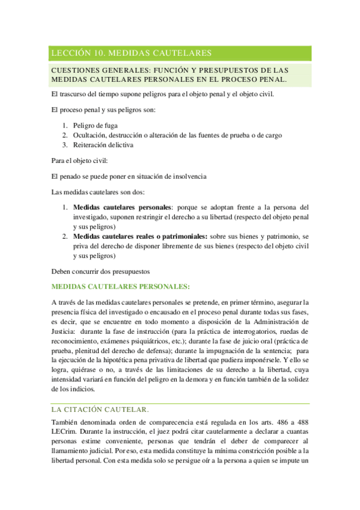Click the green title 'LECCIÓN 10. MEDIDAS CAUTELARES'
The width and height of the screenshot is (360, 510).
[x=131, y=54]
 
